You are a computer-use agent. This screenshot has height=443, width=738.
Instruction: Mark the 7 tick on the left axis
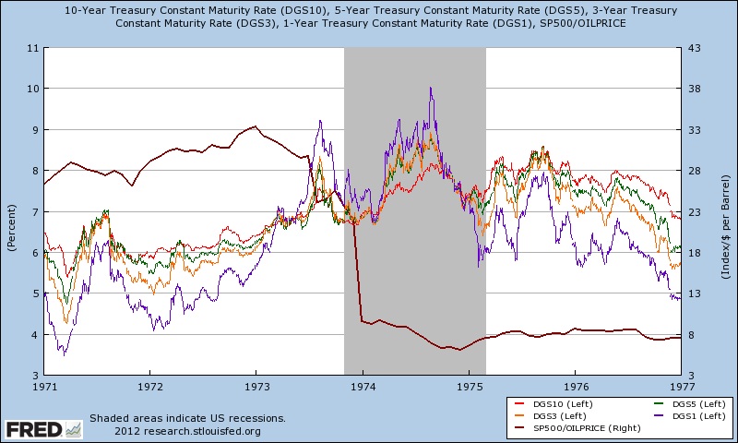(x=33, y=211)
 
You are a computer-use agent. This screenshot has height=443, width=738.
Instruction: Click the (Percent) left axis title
(x=11, y=211)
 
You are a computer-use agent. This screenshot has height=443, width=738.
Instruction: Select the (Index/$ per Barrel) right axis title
(x=728, y=211)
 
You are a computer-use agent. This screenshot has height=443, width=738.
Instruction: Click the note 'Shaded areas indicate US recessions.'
(x=187, y=418)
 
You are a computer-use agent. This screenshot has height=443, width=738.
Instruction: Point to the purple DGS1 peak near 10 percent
(x=431, y=89)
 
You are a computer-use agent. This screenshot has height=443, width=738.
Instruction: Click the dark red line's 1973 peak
(x=255, y=126)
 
